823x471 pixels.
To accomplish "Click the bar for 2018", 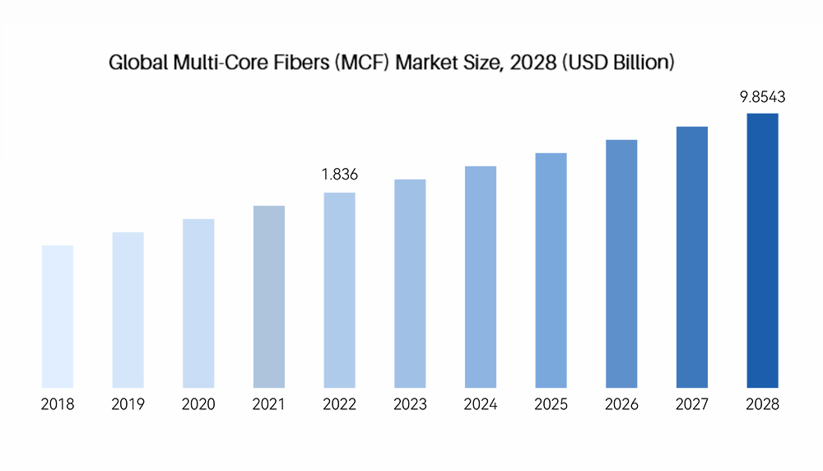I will [x=58, y=316].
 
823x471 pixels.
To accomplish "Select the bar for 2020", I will [x=198, y=303].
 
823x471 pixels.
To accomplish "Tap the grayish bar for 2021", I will [x=269, y=296].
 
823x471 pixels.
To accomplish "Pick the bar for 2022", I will [x=340, y=290].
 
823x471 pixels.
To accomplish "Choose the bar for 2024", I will [x=481, y=277].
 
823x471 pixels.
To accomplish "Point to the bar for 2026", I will [x=621, y=263].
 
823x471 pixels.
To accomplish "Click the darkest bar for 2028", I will [x=762, y=250].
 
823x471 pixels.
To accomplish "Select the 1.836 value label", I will [x=340, y=175].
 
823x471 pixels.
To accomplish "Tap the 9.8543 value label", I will [x=762, y=96].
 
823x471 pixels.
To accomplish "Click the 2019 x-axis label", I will [x=128, y=404].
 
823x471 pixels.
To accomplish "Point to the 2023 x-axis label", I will [x=410, y=404].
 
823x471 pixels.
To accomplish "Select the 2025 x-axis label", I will [x=551, y=404].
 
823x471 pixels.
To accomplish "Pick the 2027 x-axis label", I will [x=692, y=404].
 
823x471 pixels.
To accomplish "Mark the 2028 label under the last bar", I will [x=762, y=404].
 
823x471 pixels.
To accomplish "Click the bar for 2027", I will [x=692, y=257].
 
